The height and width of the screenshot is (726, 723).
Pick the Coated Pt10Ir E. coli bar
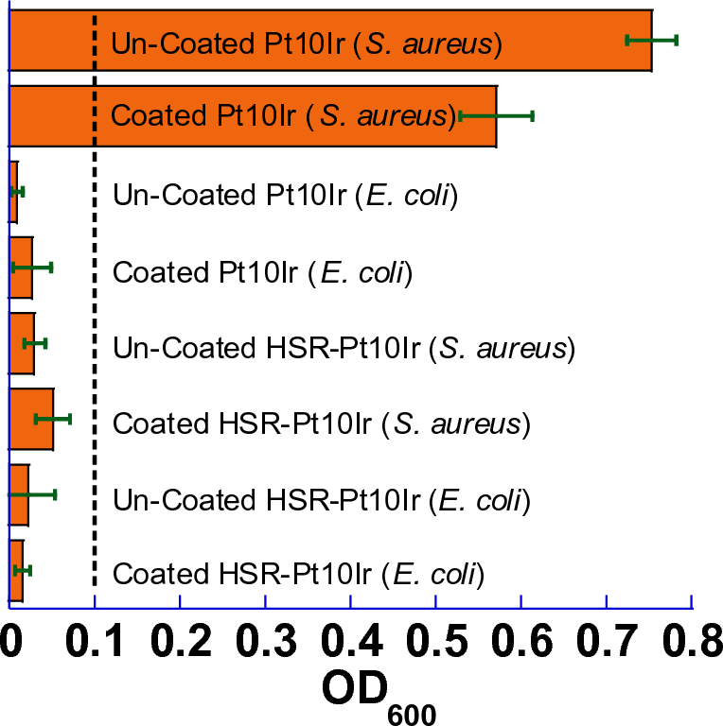[21, 267]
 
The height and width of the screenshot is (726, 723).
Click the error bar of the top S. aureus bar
[651, 40]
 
